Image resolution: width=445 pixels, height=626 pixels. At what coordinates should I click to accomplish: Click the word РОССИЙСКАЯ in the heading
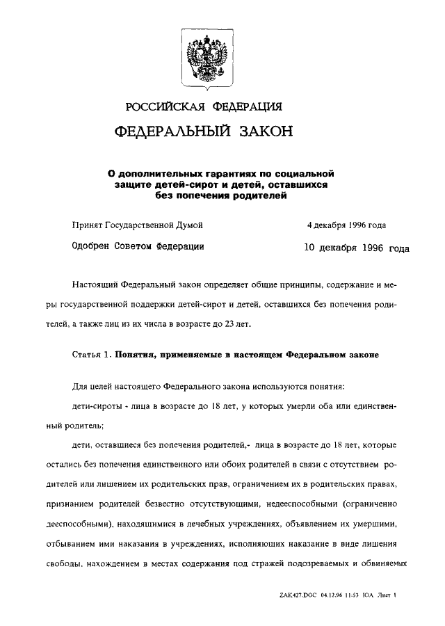[163, 106]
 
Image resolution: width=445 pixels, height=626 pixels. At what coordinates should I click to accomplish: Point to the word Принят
[86, 225]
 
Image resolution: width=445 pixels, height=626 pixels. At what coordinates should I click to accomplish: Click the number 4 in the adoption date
[310, 225]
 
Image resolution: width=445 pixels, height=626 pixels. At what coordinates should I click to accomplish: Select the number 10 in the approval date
[311, 248]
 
